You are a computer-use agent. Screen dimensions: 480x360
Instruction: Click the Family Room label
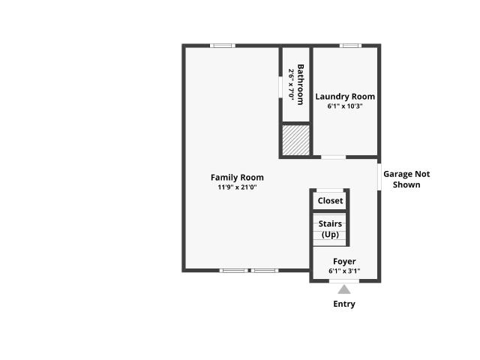(x=237, y=178)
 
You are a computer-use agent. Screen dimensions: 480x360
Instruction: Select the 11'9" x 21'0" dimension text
(x=237, y=187)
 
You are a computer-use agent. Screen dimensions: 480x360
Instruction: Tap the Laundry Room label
(x=345, y=97)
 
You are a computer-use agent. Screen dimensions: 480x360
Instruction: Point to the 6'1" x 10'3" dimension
(x=345, y=106)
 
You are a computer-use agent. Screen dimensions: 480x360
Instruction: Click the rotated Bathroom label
(x=301, y=85)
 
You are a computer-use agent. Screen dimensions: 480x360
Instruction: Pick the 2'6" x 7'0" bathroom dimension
(x=291, y=84)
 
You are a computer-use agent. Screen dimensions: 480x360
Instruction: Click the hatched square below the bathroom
(x=295, y=140)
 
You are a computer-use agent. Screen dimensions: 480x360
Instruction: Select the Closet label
(x=330, y=201)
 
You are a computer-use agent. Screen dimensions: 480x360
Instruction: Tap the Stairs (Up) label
(x=330, y=229)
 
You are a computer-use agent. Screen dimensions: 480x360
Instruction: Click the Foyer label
(x=344, y=262)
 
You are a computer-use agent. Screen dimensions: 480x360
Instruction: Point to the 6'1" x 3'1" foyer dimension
(x=344, y=271)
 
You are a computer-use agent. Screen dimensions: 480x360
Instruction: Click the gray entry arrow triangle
(x=344, y=289)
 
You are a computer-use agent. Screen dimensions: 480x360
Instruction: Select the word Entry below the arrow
(x=344, y=304)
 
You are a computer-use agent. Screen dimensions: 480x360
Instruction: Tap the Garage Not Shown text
(x=406, y=179)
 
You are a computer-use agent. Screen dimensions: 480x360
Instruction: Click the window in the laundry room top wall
(x=350, y=46)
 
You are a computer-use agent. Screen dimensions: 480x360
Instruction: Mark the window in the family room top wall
(x=223, y=46)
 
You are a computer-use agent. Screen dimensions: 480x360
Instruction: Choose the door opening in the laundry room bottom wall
(x=333, y=157)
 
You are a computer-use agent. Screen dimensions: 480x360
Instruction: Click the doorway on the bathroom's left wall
(x=280, y=87)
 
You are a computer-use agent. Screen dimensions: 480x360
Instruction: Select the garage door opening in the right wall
(x=379, y=177)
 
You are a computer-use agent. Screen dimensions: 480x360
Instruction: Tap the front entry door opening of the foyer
(x=344, y=281)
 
